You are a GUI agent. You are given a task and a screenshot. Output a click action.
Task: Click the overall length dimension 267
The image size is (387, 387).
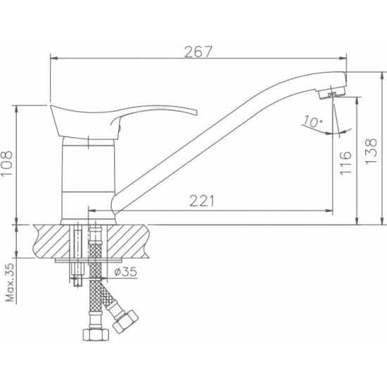[x=199, y=51]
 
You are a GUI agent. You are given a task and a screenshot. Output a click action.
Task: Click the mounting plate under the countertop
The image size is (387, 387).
[x=84, y=261]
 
